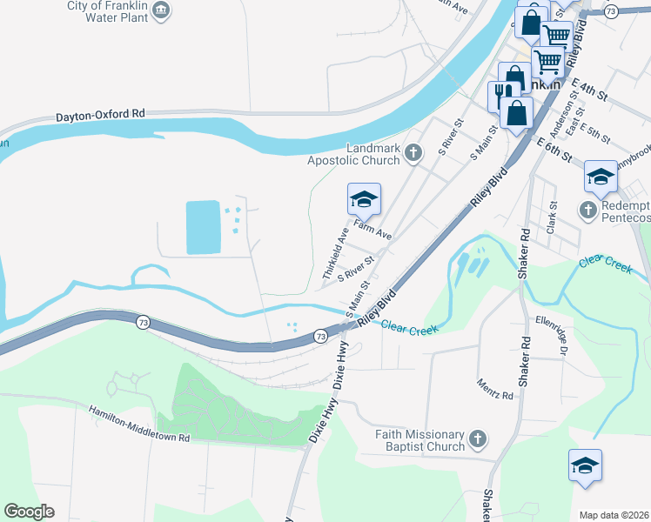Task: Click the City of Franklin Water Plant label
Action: (x=107, y=11)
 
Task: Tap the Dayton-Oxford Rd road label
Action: (x=100, y=115)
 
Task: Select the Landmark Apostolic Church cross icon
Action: (x=413, y=154)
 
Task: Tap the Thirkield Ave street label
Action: (x=335, y=253)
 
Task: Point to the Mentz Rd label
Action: (x=495, y=389)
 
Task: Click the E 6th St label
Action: (x=554, y=150)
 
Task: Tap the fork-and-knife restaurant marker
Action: (x=502, y=93)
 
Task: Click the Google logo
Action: (x=28, y=512)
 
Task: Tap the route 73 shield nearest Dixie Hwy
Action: (x=320, y=335)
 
